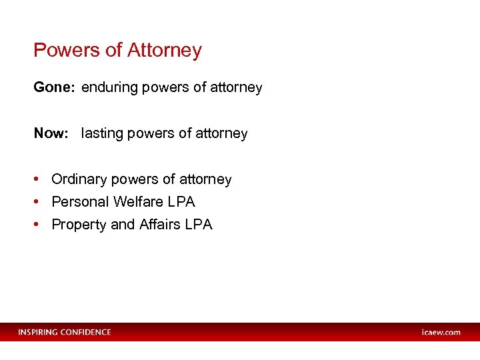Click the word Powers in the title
tap(63, 51)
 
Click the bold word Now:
tap(51, 133)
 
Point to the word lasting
tap(102, 133)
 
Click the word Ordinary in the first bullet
tap(79, 179)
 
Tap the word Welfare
tap(138, 202)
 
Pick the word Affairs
tap(160, 225)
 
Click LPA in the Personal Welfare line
tap(181, 202)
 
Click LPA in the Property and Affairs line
tap(199, 225)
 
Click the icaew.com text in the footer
tap(441, 332)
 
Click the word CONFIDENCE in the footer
tap(86, 332)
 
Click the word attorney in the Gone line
tap(238, 87)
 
